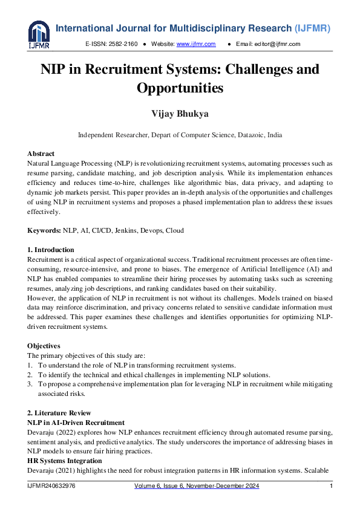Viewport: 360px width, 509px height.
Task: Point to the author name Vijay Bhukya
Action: click(180, 114)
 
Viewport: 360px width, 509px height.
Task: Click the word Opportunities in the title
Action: click(180, 88)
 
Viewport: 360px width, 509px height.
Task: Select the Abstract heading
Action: click(41, 154)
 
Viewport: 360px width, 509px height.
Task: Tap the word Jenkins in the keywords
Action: click(125, 230)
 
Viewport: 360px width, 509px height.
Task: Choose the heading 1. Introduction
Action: click(51, 250)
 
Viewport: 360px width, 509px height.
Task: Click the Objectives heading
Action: click(44, 346)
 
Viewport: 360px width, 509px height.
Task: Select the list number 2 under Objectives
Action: click(30, 375)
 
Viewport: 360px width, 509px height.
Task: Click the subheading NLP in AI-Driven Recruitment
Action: click(76, 422)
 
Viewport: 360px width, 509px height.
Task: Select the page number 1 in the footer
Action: click(331, 486)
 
